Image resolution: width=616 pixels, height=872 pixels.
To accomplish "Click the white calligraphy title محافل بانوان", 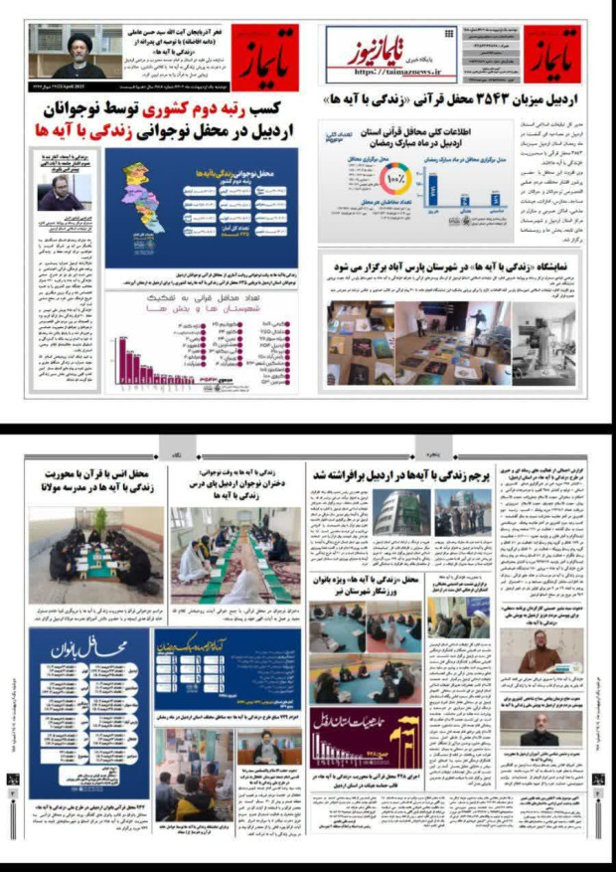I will (x=95, y=649).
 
